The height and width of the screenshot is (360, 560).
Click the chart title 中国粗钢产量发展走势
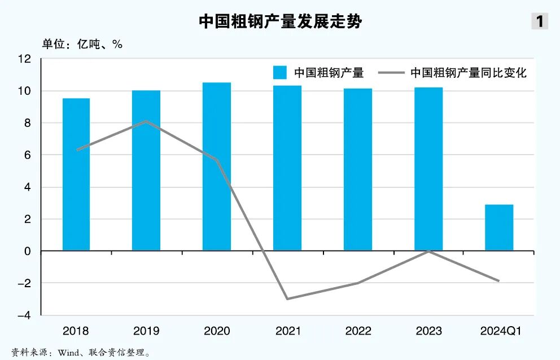click(280, 21)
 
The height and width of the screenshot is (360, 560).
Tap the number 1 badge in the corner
click(540, 21)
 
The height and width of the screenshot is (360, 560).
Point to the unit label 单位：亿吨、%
click(82, 44)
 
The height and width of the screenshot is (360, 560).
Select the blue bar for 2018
click(76, 174)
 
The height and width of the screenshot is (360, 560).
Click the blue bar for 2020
click(217, 166)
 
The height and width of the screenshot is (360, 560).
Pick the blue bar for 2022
click(358, 169)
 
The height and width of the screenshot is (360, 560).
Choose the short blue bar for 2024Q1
click(499, 227)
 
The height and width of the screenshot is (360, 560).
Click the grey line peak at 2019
click(146, 121)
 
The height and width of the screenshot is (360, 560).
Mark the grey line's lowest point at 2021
click(287, 298)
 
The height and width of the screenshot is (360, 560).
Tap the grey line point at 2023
click(428, 251)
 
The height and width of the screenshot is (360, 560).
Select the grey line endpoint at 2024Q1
click(499, 280)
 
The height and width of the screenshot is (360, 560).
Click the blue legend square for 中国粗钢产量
click(280, 73)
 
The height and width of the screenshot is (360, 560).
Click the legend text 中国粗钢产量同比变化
click(468, 73)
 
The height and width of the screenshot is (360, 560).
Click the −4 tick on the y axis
click(25, 315)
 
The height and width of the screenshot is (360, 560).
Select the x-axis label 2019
click(146, 331)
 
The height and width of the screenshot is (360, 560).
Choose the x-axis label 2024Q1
click(499, 331)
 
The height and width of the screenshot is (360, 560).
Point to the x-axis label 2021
click(287, 331)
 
